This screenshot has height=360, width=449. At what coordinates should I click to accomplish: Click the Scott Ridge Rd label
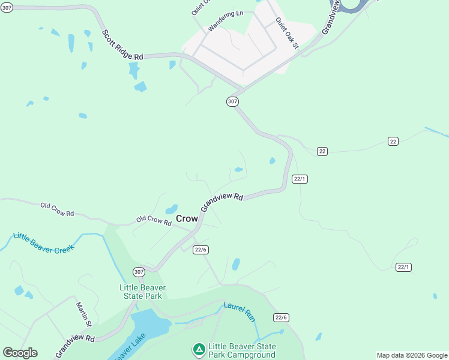[122, 45]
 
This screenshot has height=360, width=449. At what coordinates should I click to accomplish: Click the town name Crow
[187, 219]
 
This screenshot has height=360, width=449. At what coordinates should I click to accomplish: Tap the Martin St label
[83, 314]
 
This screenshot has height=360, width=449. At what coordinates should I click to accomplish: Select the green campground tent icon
[199, 349]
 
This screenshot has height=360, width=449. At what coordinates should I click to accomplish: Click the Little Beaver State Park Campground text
[242, 351]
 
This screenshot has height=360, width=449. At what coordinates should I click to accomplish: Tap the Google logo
[20, 353]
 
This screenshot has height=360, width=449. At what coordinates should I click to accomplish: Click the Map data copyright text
[412, 355]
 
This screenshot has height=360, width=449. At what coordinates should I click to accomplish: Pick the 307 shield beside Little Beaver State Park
[139, 272]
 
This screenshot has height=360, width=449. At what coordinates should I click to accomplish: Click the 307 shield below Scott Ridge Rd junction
[233, 101]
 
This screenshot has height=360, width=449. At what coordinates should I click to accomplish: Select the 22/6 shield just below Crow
[201, 250]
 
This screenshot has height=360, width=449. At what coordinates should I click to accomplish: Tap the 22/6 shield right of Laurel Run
[282, 317]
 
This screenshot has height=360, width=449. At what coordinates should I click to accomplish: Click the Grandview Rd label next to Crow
[222, 201]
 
